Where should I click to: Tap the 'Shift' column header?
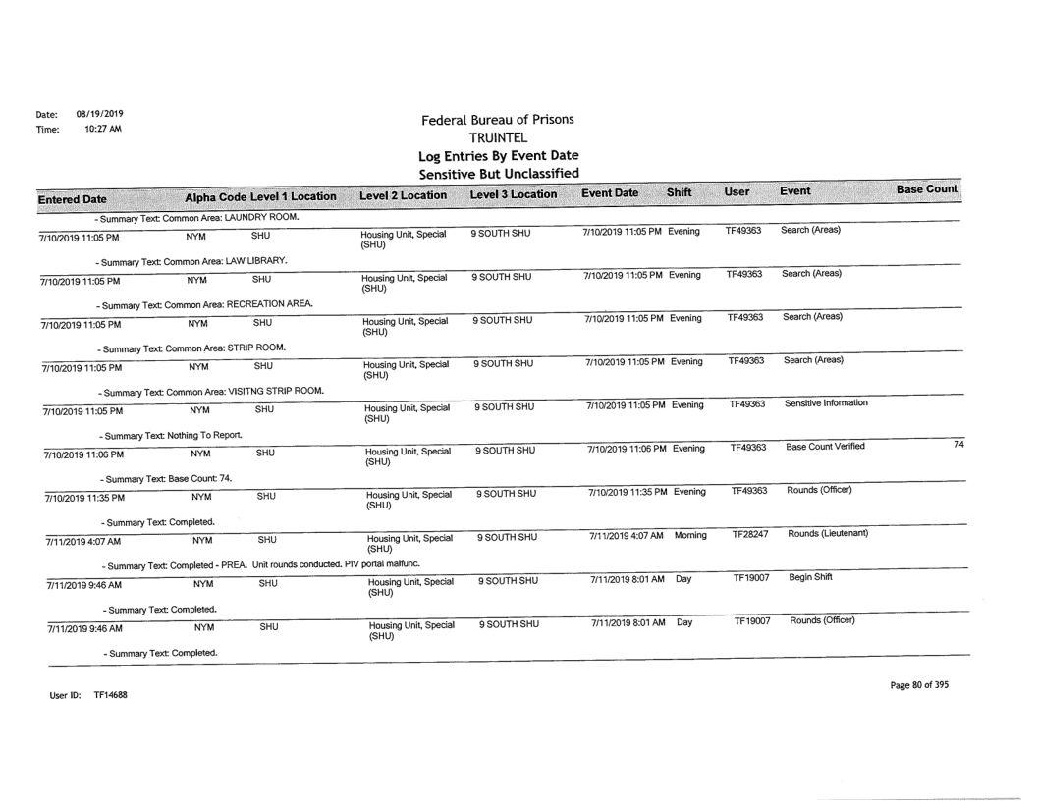(681, 192)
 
